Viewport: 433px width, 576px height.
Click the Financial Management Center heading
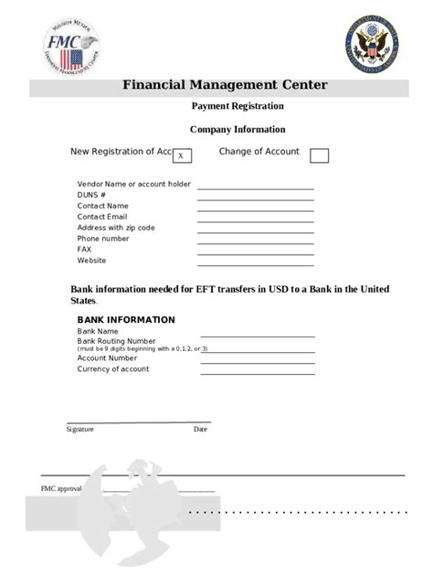(x=225, y=87)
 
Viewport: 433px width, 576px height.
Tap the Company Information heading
(x=237, y=130)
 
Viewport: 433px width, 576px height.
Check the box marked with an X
(x=181, y=156)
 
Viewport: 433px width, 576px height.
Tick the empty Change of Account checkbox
(x=319, y=155)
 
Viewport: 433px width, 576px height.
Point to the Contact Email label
(x=102, y=217)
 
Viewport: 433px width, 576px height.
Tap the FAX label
(x=85, y=250)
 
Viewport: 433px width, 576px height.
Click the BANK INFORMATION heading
(x=126, y=320)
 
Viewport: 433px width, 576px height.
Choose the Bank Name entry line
(x=258, y=336)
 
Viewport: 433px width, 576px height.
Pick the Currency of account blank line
(x=258, y=371)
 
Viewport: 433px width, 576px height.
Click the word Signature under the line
(x=79, y=428)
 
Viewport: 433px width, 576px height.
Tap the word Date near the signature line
(x=200, y=428)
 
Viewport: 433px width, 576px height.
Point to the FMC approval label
(x=61, y=489)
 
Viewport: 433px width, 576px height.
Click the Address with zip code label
(x=116, y=228)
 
